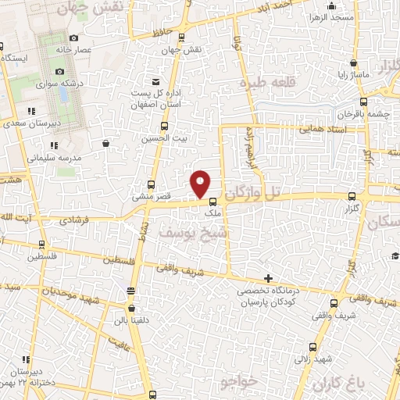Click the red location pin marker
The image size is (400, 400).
click(x=201, y=183)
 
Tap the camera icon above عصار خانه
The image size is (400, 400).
click(x=73, y=37)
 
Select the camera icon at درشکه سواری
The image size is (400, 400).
click(x=59, y=72)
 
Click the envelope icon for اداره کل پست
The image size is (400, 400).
click(x=155, y=82)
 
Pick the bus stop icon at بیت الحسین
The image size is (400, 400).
click(x=163, y=126)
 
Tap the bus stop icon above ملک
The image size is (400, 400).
click(x=212, y=200)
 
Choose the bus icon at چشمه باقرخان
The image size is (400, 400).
click(x=363, y=101)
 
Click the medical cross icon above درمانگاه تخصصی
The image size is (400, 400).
click(x=268, y=278)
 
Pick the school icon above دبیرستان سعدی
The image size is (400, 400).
click(x=30, y=111)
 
